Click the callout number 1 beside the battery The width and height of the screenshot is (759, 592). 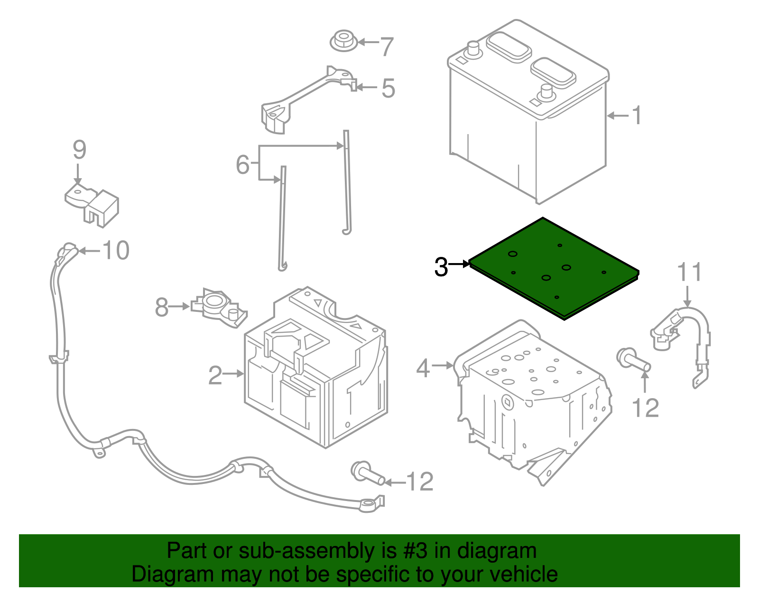[637, 116]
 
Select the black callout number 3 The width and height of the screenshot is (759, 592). [441, 267]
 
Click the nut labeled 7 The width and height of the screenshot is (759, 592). [343, 41]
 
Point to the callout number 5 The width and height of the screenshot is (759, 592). [388, 89]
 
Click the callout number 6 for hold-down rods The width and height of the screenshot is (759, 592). [242, 164]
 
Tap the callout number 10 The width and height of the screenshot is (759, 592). [116, 250]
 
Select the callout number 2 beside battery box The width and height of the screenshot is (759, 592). [215, 375]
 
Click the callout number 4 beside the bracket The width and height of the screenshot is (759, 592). [423, 368]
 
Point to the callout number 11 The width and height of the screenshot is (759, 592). [689, 273]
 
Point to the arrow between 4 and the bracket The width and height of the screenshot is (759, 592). [443, 365]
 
